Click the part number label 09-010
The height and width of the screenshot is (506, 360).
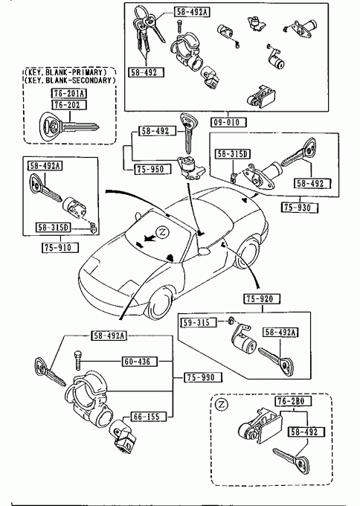(x=228, y=122)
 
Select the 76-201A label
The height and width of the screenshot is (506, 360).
(x=69, y=93)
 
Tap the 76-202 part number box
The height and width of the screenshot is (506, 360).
(x=69, y=105)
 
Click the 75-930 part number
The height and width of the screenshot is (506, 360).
(x=300, y=208)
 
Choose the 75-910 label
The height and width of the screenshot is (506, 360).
(x=60, y=248)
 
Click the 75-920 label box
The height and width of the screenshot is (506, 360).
(x=262, y=299)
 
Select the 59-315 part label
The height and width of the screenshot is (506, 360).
(x=199, y=322)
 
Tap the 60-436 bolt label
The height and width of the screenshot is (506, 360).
(x=139, y=362)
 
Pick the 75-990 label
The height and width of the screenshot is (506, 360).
(x=203, y=377)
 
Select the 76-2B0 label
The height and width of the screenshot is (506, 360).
(x=294, y=401)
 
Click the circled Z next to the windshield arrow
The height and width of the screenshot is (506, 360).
(x=163, y=232)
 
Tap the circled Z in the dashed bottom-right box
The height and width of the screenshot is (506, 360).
(x=222, y=404)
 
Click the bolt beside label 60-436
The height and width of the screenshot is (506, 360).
(x=77, y=360)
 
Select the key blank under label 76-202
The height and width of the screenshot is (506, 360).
(x=68, y=126)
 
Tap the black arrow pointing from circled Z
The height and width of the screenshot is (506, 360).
(x=149, y=238)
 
